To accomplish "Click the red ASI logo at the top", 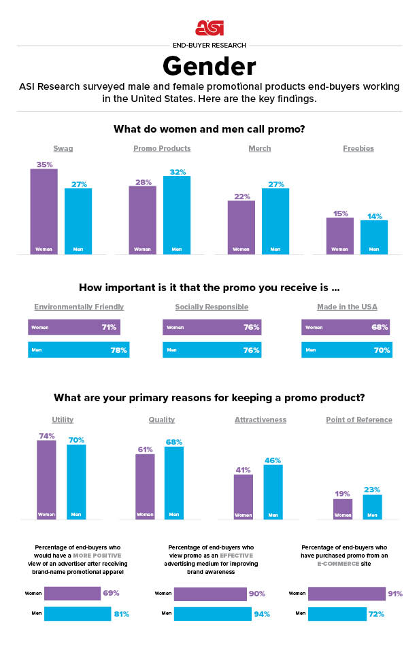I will pyautogui.click(x=209, y=27).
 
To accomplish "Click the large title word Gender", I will pyautogui.click(x=209, y=67).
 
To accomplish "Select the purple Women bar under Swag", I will pyautogui.click(x=44, y=211).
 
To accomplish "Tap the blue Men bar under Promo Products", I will pyautogui.click(x=177, y=215).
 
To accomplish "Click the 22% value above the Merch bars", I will pyautogui.click(x=241, y=196).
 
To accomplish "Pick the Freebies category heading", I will pyautogui.click(x=358, y=148).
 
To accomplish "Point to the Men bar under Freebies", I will pyautogui.click(x=374, y=237).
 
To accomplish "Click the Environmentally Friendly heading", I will pyautogui.click(x=79, y=307).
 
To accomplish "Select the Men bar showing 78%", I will pyautogui.click(x=78, y=350).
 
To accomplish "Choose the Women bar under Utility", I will pyautogui.click(x=46, y=480).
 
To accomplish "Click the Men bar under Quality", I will pyautogui.click(x=174, y=483).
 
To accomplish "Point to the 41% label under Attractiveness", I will pyautogui.click(x=243, y=470).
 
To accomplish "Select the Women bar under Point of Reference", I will pyautogui.click(x=343, y=509).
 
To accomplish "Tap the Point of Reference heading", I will pyautogui.click(x=358, y=420).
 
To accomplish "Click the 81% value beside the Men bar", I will pyautogui.click(x=120, y=614).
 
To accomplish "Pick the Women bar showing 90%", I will pyautogui.click(x=210, y=594).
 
